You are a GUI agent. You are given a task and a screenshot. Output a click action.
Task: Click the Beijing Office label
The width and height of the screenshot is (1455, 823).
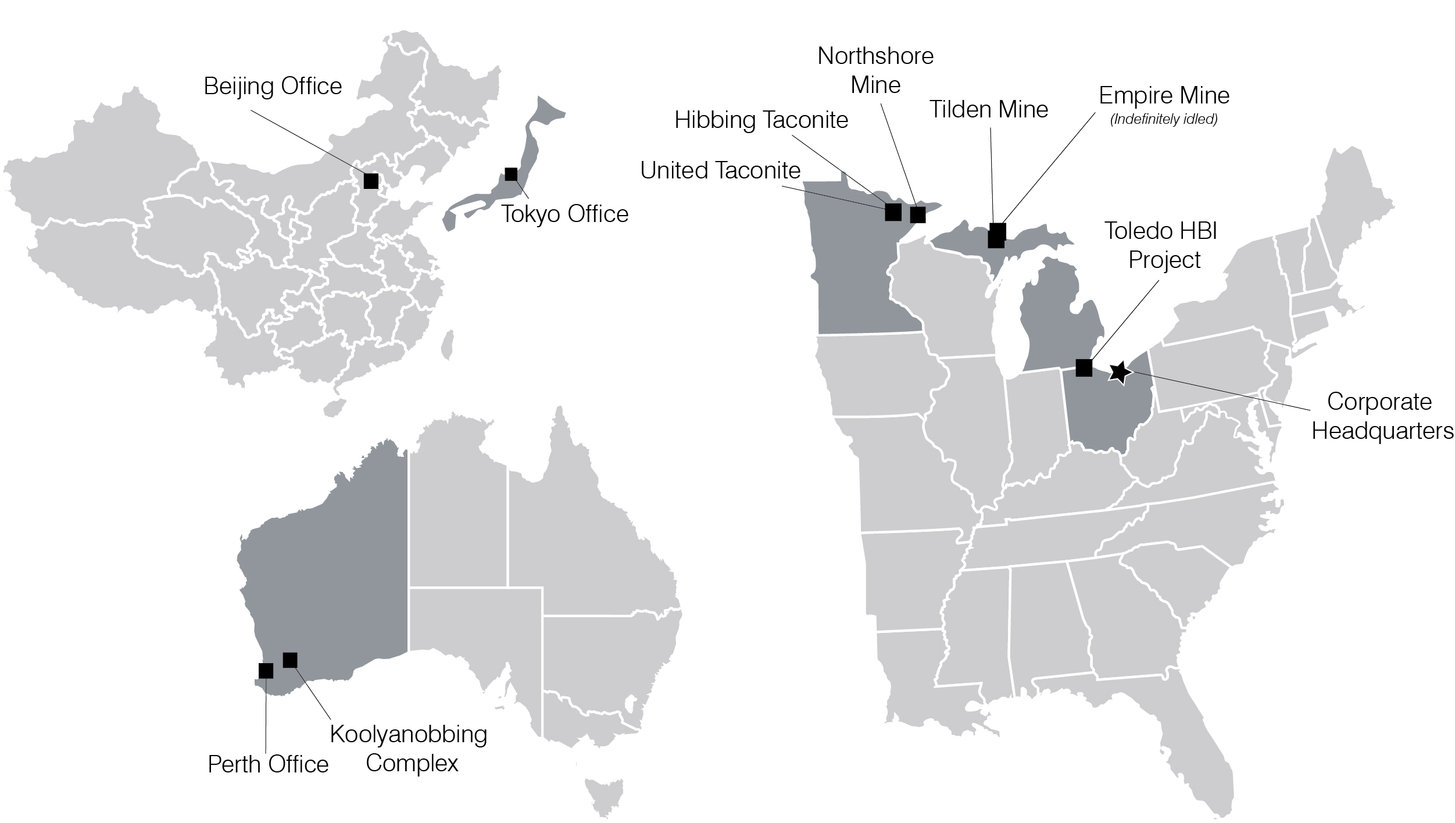[x=273, y=87]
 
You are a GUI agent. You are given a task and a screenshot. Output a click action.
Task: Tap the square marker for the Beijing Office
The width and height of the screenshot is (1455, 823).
[x=371, y=181]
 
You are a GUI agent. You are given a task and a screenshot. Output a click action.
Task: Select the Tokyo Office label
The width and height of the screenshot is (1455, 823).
[x=564, y=214]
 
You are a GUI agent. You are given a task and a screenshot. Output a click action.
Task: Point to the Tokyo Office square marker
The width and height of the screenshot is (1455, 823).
[x=511, y=174]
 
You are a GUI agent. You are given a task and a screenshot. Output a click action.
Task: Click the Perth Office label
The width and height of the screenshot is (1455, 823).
[x=268, y=764]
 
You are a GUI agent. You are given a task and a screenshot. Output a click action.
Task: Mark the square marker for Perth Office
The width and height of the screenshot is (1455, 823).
[x=266, y=671]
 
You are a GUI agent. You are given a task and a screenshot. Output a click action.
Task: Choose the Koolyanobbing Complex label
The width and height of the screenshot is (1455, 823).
[x=409, y=749]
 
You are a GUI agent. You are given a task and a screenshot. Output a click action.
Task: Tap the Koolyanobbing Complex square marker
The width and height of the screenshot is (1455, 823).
[x=290, y=660]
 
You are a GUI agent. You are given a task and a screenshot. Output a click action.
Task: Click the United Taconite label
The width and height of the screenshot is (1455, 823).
[x=720, y=170]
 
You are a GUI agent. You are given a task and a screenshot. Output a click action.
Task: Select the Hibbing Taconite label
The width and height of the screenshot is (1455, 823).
[x=761, y=120]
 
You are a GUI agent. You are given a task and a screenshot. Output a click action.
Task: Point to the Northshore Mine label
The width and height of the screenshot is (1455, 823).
[x=875, y=70]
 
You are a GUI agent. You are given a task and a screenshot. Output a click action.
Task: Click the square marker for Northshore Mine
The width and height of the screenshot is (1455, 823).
[x=918, y=214]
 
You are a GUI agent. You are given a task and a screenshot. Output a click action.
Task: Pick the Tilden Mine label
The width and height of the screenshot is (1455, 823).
[x=989, y=109]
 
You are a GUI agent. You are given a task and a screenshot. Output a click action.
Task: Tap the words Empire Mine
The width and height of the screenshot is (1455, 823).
[x=1164, y=95]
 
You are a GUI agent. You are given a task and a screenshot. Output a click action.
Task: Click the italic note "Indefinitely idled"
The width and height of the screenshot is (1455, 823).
[x=1164, y=120]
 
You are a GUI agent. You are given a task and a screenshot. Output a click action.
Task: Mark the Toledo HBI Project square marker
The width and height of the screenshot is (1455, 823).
[x=1084, y=367]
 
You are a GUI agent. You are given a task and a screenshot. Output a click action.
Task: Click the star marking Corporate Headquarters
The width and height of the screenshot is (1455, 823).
[x=1120, y=372]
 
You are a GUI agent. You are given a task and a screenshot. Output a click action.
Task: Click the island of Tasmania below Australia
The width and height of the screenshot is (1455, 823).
[x=604, y=797]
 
